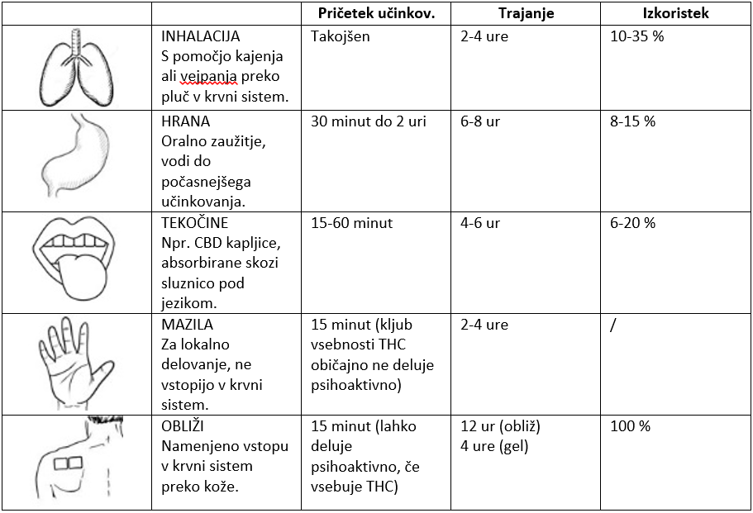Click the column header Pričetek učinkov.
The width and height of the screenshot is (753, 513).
pyautogui.click(x=376, y=13)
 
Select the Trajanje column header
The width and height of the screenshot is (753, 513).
pyautogui.click(x=526, y=13)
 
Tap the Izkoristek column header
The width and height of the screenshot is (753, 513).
pyautogui.click(x=675, y=13)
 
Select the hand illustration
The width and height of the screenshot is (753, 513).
pyautogui.click(x=77, y=363)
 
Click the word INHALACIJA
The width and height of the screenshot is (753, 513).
pyautogui.click(x=200, y=37)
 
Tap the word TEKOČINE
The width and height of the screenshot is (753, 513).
pyautogui.click(x=194, y=224)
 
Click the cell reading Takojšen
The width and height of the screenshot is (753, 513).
pyautogui.click(x=341, y=37)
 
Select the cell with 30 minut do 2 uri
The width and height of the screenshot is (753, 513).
pyautogui.click(x=369, y=122)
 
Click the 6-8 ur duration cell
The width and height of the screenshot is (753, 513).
pyautogui.click(x=480, y=122)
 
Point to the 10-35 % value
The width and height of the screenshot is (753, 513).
pyautogui.click(x=636, y=37)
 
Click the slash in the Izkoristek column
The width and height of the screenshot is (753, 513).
pyautogui.click(x=612, y=325)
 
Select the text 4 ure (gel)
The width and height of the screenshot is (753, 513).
pyautogui.click(x=495, y=447)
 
